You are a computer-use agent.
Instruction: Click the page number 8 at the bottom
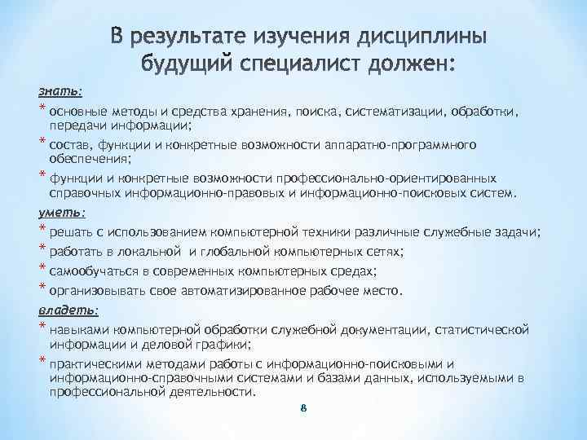pyautogui.click(x=302, y=410)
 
